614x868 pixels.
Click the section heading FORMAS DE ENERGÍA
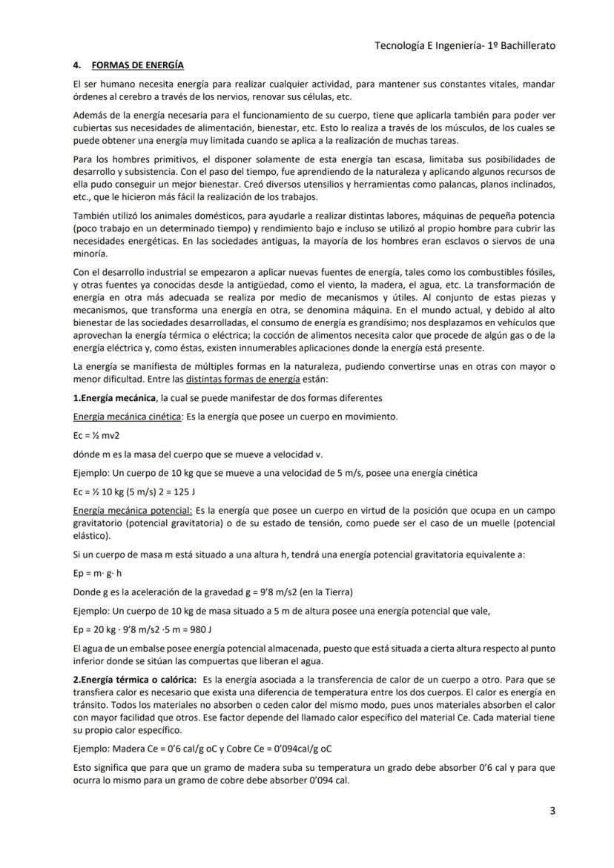[x=137, y=65]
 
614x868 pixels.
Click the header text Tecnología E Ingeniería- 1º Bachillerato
[x=465, y=45]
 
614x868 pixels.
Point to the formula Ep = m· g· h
[x=97, y=573]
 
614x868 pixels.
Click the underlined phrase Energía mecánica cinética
[x=127, y=416]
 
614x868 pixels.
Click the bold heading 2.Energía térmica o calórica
[x=134, y=680]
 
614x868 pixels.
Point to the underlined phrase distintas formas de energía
[x=242, y=379]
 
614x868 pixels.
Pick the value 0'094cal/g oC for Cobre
[x=292, y=748]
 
